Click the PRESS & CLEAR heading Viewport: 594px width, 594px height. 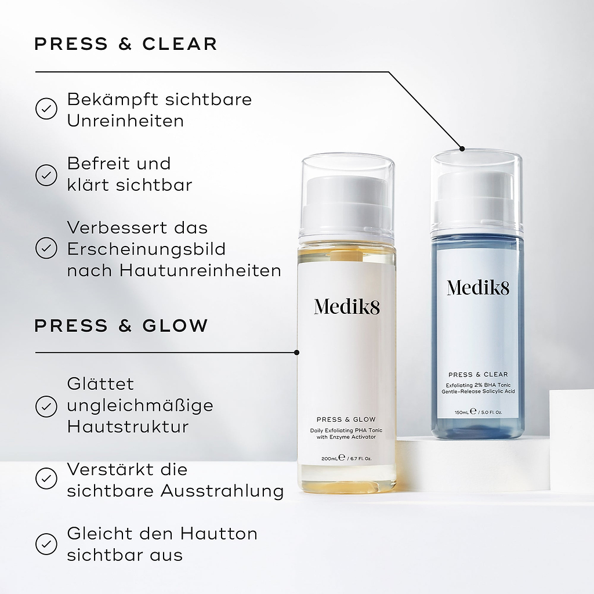[x=126, y=44]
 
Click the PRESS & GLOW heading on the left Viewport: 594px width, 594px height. [x=121, y=325]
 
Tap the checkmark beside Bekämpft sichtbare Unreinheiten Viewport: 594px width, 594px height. [x=46, y=109]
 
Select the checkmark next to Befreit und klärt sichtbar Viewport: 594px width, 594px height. [x=46, y=175]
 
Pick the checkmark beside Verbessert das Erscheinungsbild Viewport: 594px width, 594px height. [x=46, y=248]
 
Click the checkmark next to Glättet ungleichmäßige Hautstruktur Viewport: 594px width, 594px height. [x=46, y=406]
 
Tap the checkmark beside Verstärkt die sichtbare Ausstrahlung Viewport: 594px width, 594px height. [x=46, y=479]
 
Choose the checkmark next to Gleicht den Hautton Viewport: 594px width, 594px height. [x=46, y=544]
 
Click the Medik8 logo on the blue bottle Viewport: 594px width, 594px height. [x=477, y=287]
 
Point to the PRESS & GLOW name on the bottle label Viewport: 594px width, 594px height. [x=346, y=419]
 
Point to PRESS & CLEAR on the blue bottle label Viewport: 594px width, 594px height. [x=477, y=374]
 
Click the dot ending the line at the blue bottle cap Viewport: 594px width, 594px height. [x=462, y=148]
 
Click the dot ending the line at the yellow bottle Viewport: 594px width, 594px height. [x=297, y=352]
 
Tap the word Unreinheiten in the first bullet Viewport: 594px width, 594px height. [x=125, y=121]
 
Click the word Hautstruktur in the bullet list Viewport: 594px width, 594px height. [x=128, y=427]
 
